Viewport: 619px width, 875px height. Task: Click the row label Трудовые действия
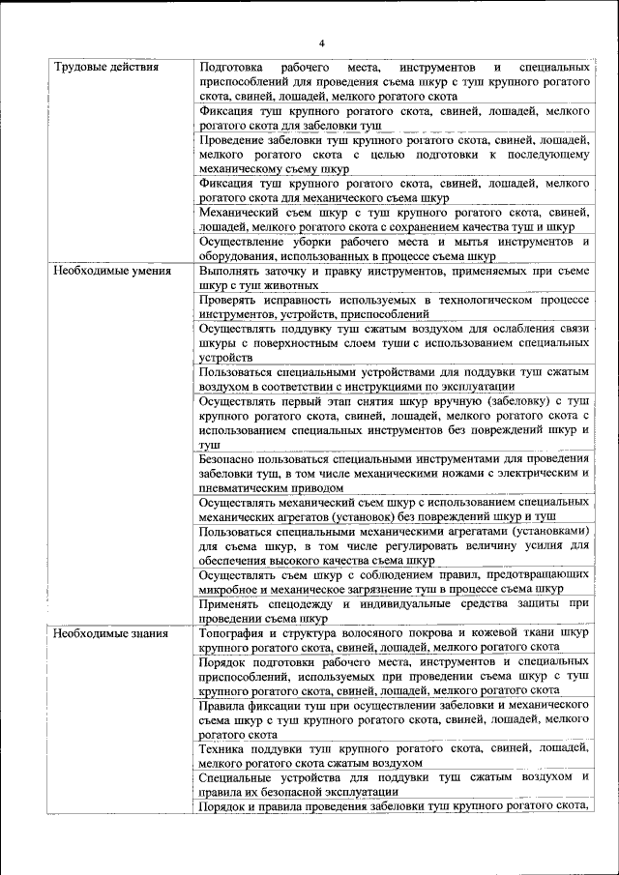[x=106, y=69]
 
